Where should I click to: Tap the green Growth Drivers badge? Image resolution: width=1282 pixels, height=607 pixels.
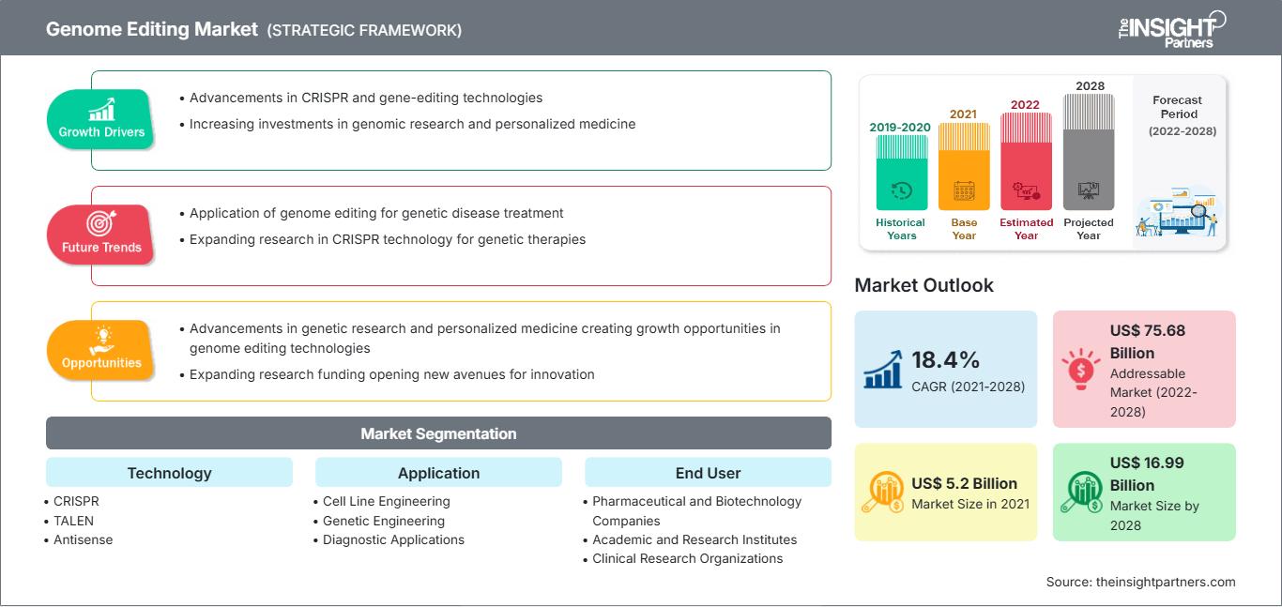[100, 119]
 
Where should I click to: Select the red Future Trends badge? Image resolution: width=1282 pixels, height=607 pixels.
[100, 235]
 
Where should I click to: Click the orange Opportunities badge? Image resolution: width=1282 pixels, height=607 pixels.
[100, 350]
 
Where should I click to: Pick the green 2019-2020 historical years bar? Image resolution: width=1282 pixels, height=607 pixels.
[901, 173]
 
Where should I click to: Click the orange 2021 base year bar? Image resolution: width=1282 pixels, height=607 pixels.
[964, 166]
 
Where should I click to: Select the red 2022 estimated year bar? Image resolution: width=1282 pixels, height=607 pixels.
[1026, 161]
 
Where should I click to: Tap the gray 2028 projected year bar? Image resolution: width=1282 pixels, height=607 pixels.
[1089, 152]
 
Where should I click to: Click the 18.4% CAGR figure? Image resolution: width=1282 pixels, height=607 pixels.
[945, 360]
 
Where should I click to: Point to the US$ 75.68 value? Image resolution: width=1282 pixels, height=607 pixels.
[1148, 330]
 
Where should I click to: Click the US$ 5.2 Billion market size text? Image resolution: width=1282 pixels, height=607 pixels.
[965, 483]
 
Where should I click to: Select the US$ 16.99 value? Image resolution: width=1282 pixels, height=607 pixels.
[1147, 463]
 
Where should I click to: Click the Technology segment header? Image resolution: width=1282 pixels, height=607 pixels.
[170, 473]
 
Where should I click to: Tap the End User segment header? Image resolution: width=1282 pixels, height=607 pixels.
[708, 473]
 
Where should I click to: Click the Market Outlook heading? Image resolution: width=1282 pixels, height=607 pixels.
[923, 285]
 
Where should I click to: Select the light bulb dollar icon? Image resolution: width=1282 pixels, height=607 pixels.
[1080, 369]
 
